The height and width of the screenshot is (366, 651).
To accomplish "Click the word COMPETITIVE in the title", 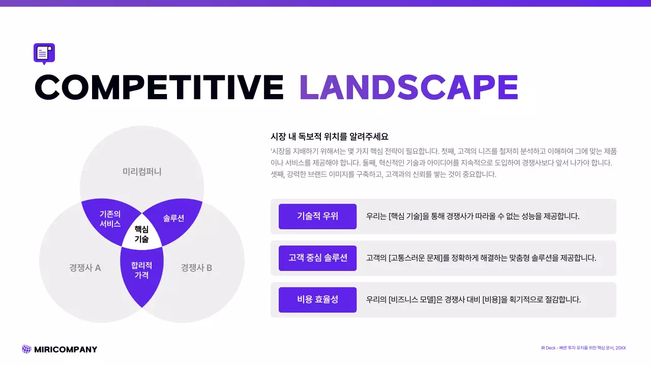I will coord(159,87).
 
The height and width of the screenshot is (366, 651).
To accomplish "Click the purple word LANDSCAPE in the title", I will coord(409,87).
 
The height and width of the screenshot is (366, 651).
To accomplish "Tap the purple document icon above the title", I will coord(44,53).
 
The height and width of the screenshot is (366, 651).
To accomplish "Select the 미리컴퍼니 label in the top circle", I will coord(142,171).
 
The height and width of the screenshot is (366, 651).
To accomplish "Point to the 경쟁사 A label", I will coord(85,268).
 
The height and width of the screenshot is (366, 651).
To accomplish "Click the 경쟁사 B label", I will coord(196,268).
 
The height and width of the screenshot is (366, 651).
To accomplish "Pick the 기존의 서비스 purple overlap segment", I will coord(110,219).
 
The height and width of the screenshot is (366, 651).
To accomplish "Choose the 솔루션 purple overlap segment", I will coord(173,218).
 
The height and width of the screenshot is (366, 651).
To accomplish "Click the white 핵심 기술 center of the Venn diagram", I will coord(141,234).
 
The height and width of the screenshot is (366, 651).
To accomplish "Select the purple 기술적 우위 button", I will coord(317,217).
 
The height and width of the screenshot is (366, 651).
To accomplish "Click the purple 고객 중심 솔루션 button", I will coord(317,258).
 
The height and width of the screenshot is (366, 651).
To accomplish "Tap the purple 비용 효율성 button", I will coord(317,300).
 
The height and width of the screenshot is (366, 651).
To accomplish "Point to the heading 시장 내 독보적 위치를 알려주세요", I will coord(330,137).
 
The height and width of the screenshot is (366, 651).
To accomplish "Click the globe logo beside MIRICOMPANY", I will coord(26,349).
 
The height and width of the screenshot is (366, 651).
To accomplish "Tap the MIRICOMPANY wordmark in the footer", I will coord(65,349).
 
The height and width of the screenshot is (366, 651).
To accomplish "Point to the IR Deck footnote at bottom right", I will coord(583,348).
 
